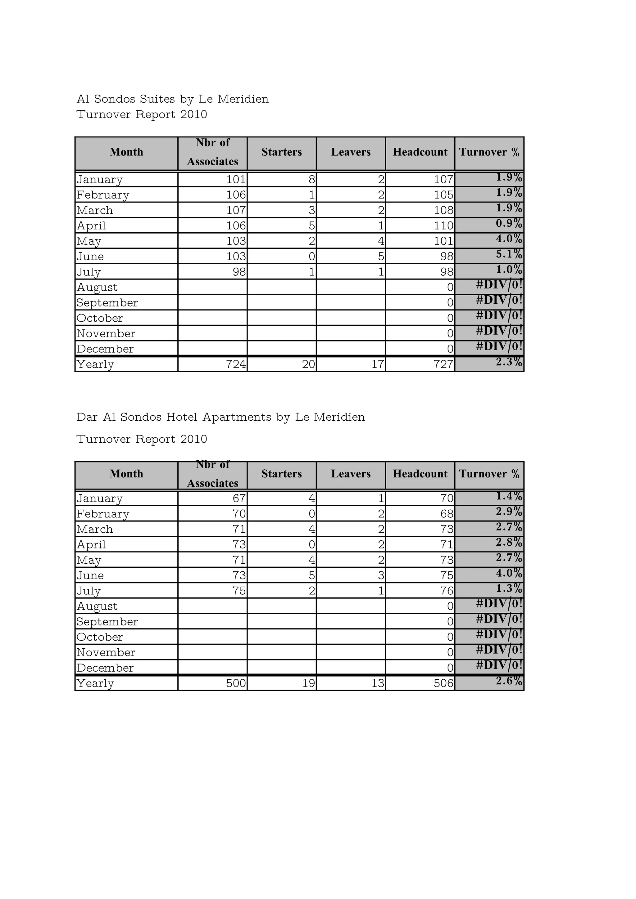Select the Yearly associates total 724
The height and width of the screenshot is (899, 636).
pyautogui.click(x=236, y=365)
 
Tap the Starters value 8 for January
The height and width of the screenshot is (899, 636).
pyautogui.click(x=311, y=180)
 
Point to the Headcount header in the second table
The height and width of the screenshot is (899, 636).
pyautogui.click(x=420, y=474)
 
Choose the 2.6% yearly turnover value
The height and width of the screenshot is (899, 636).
pyautogui.click(x=509, y=681)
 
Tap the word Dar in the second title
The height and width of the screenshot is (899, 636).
pyautogui.click(x=87, y=418)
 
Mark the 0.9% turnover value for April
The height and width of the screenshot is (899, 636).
pyautogui.click(x=509, y=224)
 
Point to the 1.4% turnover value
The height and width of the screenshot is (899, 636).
pyautogui.click(x=509, y=496)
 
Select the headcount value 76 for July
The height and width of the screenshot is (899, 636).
pyautogui.click(x=447, y=591)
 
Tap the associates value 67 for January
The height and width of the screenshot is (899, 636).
pyautogui.click(x=239, y=499)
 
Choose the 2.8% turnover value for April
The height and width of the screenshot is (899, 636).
pyautogui.click(x=509, y=543)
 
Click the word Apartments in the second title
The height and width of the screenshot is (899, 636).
pyautogui.click(x=237, y=418)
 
